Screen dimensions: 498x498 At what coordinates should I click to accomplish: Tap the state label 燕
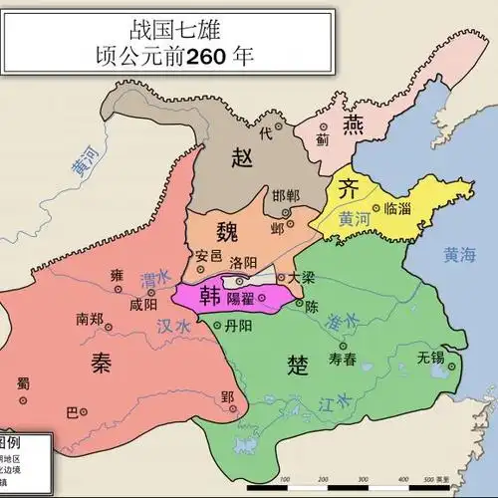[355, 124]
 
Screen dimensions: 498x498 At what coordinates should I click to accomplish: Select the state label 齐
[348, 189]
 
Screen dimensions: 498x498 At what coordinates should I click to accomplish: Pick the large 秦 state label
[93, 364]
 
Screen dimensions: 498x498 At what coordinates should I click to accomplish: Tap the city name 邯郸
[285, 195]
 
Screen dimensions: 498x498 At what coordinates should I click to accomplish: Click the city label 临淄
[402, 207]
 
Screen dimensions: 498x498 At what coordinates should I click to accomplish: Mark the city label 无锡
[431, 356]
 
